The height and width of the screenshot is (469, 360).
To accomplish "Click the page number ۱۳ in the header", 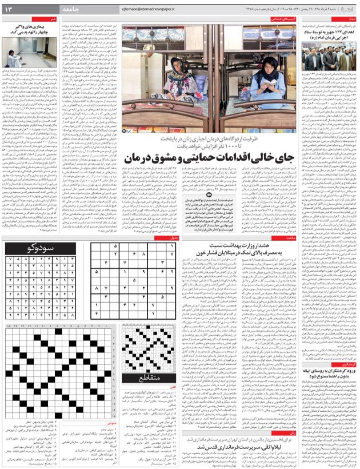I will [11, 8].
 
